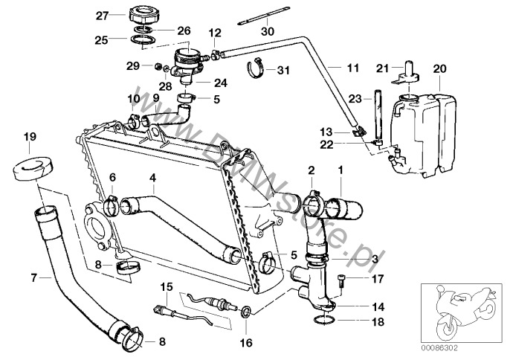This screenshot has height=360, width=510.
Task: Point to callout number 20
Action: click(439, 68)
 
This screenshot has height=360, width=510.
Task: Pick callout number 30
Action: click(268, 31)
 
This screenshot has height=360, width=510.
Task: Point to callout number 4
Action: click(152, 178)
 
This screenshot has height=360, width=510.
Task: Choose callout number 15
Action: click(166, 286)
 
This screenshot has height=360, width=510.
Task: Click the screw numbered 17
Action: click(340, 280)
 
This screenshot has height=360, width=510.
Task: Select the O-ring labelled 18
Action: click(322, 321)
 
